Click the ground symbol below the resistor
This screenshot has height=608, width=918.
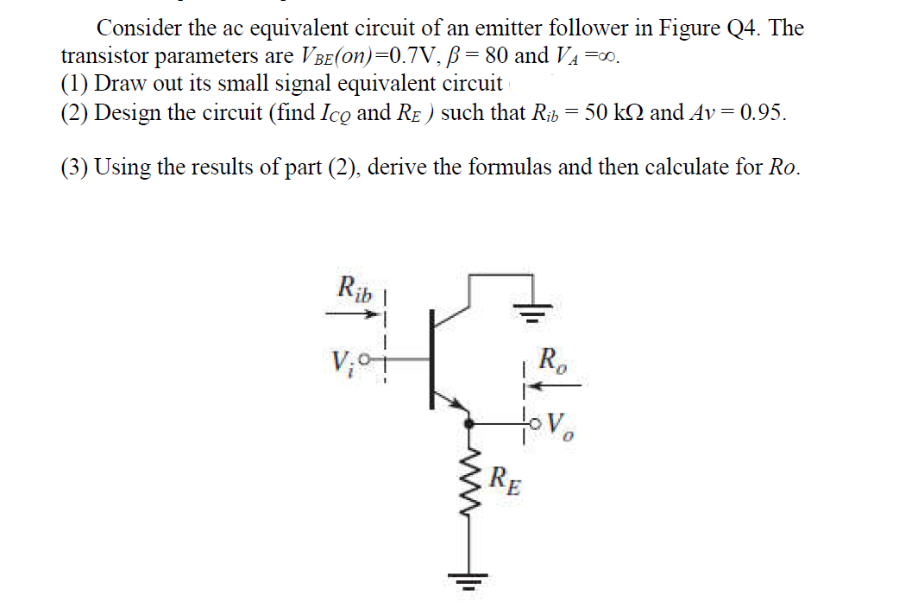click(x=470, y=579)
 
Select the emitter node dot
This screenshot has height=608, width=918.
click(x=470, y=424)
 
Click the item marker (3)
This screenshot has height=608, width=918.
click(x=75, y=167)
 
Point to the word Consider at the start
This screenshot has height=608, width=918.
click(x=139, y=28)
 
